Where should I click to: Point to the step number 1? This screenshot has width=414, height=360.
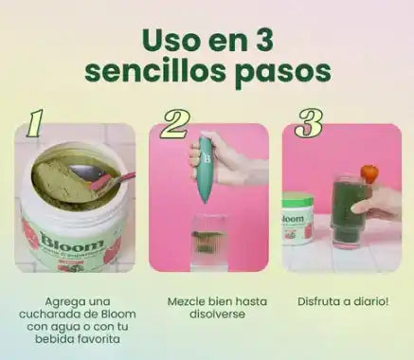click(34, 123)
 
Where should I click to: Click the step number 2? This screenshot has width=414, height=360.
click(174, 124)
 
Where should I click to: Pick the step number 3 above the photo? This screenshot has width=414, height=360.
click(308, 123)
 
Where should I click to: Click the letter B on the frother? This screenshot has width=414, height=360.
click(207, 158)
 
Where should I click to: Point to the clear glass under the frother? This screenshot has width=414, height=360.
click(208, 243)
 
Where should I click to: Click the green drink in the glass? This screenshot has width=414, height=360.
click(349, 211)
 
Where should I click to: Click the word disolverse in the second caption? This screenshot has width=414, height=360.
click(217, 315)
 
